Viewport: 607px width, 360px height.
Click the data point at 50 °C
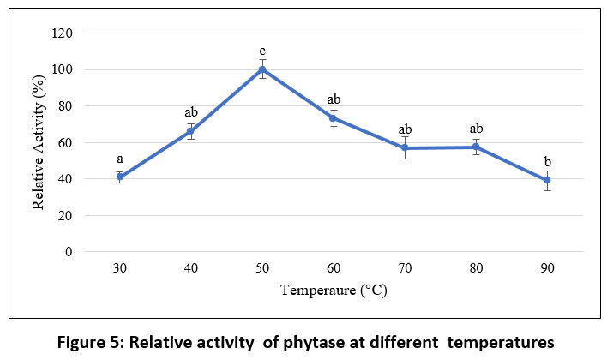pyautogui.click(x=262, y=69)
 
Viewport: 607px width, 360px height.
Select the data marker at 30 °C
pyautogui.click(x=120, y=177)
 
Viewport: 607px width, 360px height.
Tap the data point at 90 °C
pyautogui.click(x=547, y=180)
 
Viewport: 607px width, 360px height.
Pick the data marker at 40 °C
pyautogui.click(x=191, y=131)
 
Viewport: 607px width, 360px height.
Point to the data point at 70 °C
pyautogui.click(x=405, y=148)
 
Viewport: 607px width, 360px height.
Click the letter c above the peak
pyautogui.click(x=262, y=51)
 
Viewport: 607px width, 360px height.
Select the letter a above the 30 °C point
pyautogui.click(x=120, y=159)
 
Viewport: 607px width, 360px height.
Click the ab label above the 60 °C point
pyautogui.click(x=334, y=99)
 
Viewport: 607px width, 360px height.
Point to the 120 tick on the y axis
pyautogui.click(x=63, y=33)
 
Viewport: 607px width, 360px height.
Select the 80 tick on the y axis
pyautogui.click(x=66, y=106)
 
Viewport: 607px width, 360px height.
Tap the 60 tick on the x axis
pyautogui.click(x=334, y=268)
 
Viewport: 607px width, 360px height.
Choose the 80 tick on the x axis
pyautogui.click(x=476, y=268)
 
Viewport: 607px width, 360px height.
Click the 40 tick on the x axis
pyautogui.click(x=191, y=268)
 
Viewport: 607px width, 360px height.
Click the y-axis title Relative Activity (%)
pyautogui.click(x=39, y=142)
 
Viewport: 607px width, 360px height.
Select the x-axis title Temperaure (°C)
pyautogui.click(x=334, y=291)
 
